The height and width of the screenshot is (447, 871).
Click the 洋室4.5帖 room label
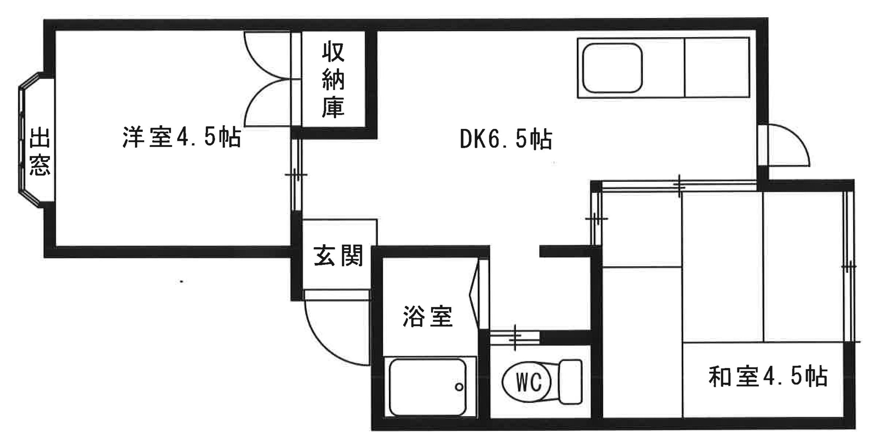(x=182, y=137)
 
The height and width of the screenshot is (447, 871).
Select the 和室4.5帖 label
(x=768, y=376)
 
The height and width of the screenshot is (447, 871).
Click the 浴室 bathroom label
(x=428, y=316)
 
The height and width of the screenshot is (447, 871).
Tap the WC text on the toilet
(x=528, y=383)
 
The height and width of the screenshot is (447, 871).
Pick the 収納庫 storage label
(x=333, y=80)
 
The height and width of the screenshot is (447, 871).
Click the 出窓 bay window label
(x=39, y=151)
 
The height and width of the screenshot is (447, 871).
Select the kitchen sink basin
(x=612, y=68)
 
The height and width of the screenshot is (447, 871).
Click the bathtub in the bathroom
(x=427, y=387)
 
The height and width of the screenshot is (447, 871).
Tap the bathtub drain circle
(x=459, y=387)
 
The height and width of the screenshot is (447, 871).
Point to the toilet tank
(x=570, y=382)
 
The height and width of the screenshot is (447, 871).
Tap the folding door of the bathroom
(x=474, y=294)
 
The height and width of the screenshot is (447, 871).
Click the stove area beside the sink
(x=717, y=68)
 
